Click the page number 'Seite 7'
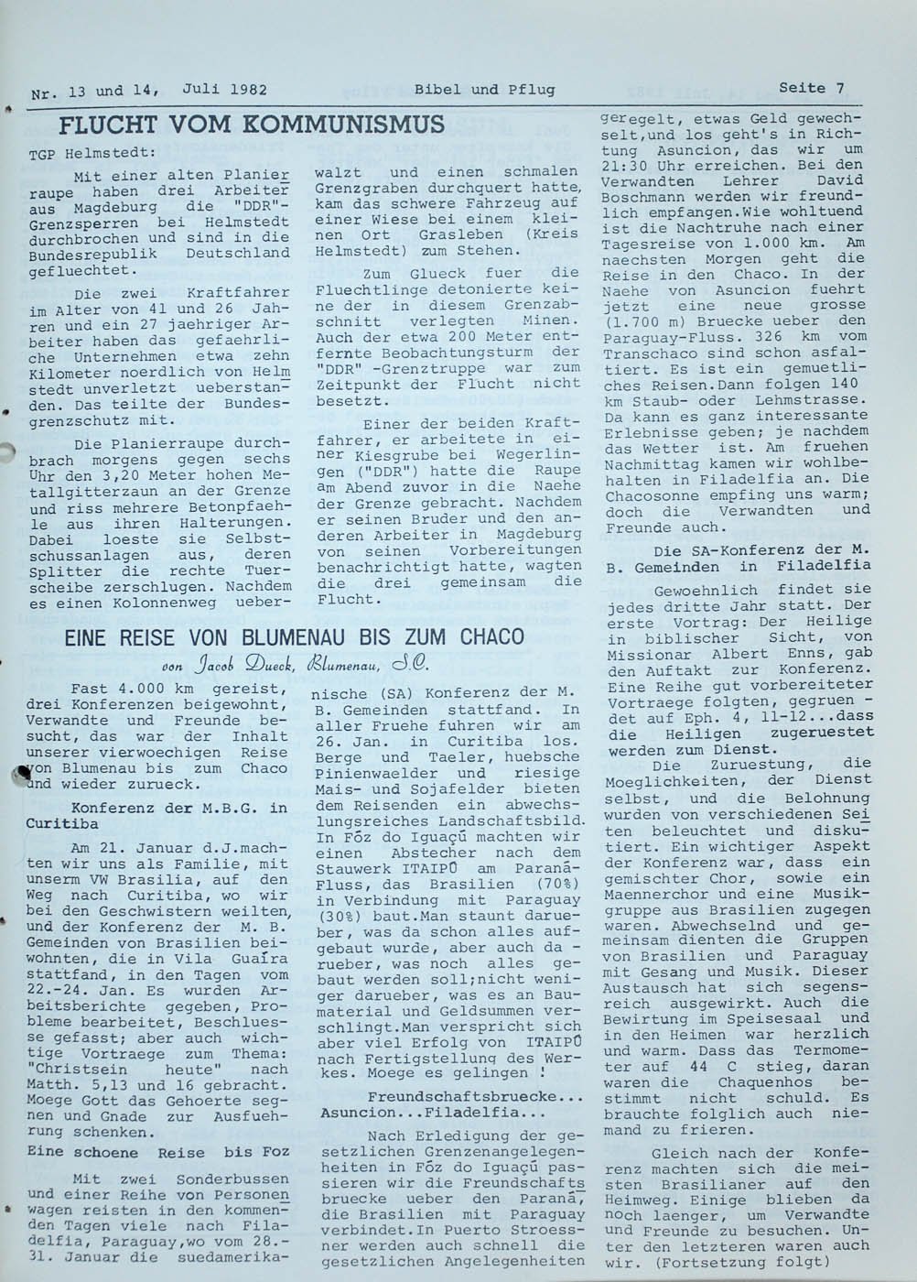pos(811,88)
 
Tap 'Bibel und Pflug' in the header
pos(484,89)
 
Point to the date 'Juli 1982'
pos(224,89)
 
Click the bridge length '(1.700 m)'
pos(644,321)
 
